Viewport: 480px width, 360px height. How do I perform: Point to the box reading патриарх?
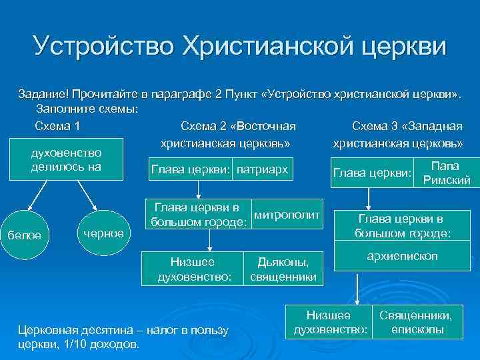point(262,170)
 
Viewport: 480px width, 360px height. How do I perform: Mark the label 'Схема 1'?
point(58,126)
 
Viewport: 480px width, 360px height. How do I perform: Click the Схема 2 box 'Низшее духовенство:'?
point(194,269)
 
